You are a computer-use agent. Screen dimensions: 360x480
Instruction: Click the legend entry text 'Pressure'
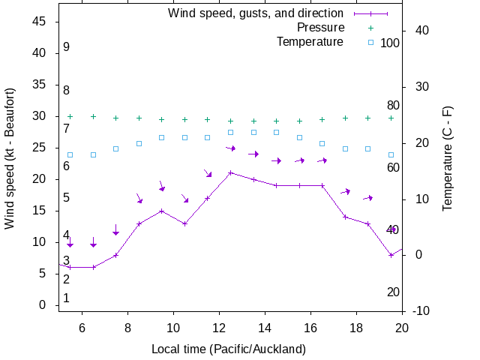pyautogui.click(x=320, y=28)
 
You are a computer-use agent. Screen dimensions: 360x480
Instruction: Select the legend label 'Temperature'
pyautogui.click(x=310, y=41)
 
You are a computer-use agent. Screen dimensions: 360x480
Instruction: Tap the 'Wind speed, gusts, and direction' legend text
pyautogui.click(x=256, y=13)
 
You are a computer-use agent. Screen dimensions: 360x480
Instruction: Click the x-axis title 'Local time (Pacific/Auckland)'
pyautogui.click(x=229, y=349)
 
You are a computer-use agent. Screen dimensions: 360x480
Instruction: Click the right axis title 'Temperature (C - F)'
pyautogui.click(x=448, y=158)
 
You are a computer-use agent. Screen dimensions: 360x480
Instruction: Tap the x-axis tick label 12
pyautogui.click(x=219, y=327)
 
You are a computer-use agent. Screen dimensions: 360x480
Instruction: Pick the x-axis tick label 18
pyautogui.click(x=356, y=327)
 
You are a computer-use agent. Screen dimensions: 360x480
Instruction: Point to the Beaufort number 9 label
pyautogui.click(x=66, y=47)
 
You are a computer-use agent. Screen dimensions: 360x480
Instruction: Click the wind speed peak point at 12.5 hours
pyautogui.click(x=231, y=172)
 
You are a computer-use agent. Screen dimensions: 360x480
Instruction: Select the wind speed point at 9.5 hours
pyautogui.click(x=162, y=211)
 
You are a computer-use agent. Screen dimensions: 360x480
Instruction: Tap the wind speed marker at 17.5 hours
pyautogui.click(x=345, y=217)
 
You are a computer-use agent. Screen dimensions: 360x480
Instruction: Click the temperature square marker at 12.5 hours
pyautogui.click(x=231, y=132)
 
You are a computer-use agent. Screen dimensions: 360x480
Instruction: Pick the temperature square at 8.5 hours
pyautogui.click(x=139, y=143)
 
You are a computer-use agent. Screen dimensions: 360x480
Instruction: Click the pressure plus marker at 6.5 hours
pyautogui.click(x=93, y=116)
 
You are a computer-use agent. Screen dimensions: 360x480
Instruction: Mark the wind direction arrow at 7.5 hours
pyautogui.click(x=116, y=229)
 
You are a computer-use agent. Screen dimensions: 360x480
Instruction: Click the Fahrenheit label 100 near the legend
pyautogui.click(x=390, y=43)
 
